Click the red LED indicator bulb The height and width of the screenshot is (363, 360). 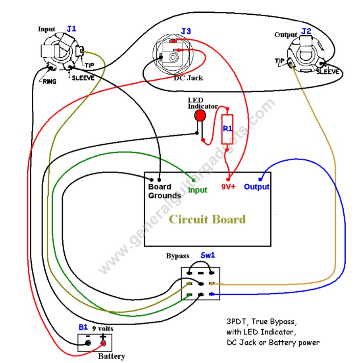(200, 115)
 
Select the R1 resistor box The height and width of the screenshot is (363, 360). (227, 129)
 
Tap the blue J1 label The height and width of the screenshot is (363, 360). (71, 29)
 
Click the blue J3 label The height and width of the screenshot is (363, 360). (186, 31)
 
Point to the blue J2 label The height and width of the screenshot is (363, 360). (306, 31)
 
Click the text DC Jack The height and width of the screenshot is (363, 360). (188, 78)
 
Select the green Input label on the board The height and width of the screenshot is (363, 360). (198, 190)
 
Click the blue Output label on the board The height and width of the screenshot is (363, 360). (257, 187)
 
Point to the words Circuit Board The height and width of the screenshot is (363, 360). (207, 219)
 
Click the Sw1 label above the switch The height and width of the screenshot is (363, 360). (207, 256)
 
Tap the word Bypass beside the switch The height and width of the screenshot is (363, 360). (177, 256)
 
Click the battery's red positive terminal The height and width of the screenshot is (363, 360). (104, 343)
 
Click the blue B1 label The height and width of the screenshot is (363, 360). (83, 328)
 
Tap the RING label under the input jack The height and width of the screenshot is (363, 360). (48, 82)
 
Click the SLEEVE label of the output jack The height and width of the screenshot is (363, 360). (328, 72)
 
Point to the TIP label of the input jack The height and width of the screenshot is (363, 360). (88, 65)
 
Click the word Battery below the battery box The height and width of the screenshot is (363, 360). (112, 356)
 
